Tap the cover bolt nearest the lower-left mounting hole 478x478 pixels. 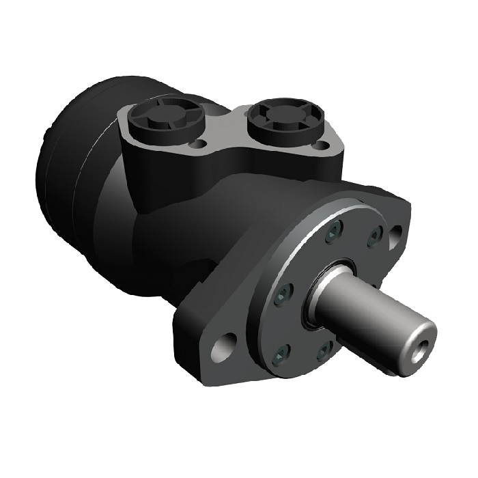coord(281,352)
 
